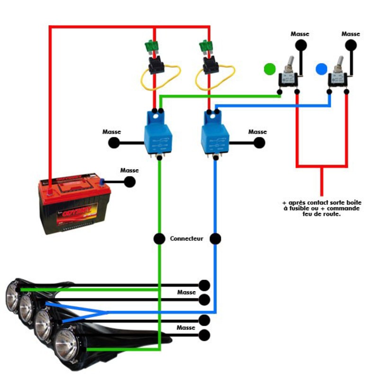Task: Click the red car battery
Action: pos(74,204)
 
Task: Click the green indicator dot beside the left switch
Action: pos(270,69)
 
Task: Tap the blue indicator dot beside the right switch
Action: pos(322,69)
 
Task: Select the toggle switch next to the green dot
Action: pos(288,76)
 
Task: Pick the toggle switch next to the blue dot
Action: pos(339,76)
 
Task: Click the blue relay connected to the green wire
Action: pos(158,134)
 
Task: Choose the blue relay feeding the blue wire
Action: pos(215,134)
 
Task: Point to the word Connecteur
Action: pos(187,239)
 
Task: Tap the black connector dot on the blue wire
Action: pos(216,239)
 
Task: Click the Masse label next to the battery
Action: pos(129,170)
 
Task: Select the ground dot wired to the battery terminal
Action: pos(129,181)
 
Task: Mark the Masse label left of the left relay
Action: pos(112,132)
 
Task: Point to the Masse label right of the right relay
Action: pos(258,132)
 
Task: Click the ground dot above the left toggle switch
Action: pos(300,45)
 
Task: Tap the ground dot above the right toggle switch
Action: pos(351,45)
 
